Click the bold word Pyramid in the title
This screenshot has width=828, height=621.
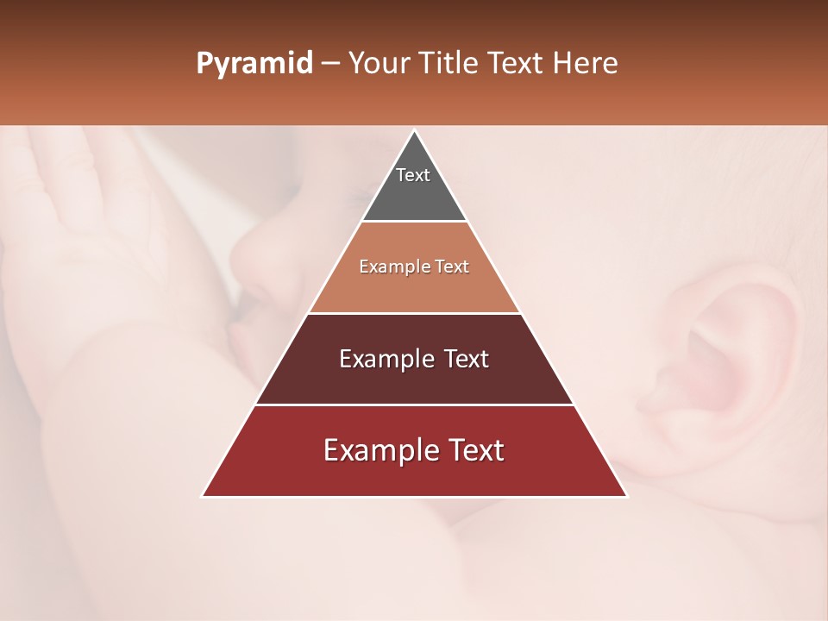[x=254, y=64]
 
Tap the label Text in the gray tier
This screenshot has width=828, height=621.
[x=413, y=175]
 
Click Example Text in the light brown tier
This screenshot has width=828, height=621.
[x=414, y=267]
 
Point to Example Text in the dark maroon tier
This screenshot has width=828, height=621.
[x=414, y=359]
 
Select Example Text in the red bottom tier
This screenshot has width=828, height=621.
[x=414, y=450]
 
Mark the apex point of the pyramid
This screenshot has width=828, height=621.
[x=414, y=131]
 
